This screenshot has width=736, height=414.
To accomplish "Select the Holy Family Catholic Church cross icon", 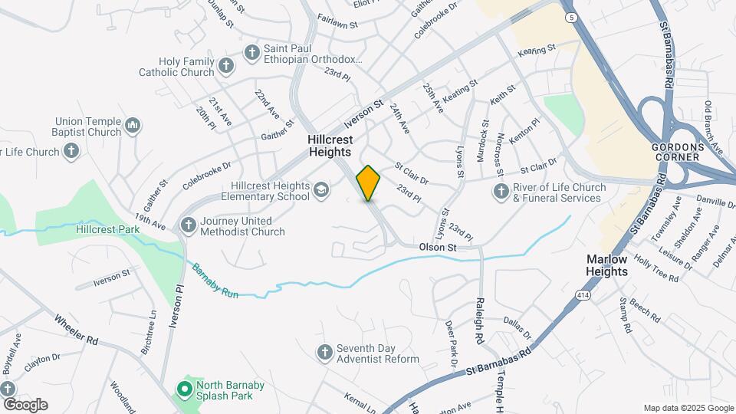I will coord(225,65).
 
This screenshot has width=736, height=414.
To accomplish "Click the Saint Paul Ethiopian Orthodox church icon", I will coord(251,52).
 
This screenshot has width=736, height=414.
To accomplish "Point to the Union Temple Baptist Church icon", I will coord(133,125).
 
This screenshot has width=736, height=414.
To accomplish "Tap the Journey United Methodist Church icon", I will coord(189,225).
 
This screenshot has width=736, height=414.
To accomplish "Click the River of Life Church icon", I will coord(501,191).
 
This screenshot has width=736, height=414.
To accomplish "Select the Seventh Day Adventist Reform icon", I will coord(324,352).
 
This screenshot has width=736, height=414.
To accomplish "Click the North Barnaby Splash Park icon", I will coord(184,389).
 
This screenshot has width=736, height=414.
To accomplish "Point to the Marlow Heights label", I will coord(607,265).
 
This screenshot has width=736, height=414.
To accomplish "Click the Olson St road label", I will coord(438,248).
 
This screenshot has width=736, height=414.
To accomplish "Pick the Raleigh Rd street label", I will coord(480,320).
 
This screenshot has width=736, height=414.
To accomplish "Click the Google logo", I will coord(25,405).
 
